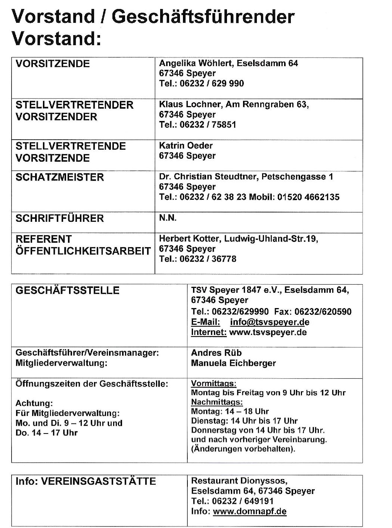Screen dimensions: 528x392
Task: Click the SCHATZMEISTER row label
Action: point(59,177)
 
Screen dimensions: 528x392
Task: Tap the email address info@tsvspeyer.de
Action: point(270,322)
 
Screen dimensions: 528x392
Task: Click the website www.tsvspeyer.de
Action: point(268,332)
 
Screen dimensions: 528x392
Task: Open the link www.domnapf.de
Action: point(249,511)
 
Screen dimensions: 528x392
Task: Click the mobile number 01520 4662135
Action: point(308,197)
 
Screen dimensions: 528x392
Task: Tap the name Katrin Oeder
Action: point(186,146)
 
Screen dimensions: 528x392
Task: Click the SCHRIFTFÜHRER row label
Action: point(59,218)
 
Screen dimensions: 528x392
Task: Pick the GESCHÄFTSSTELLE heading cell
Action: point(67,290)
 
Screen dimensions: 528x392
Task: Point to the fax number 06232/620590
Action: point(323,312)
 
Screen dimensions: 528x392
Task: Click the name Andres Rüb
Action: point(216,352)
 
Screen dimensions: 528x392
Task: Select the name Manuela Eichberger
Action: point(233,363)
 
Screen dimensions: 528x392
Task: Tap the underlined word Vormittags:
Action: point(214,383)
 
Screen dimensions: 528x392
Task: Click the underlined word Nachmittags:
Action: point(217,402)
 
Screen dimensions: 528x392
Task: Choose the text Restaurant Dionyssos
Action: point(239,481)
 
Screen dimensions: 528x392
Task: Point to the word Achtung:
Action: point(34,403)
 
